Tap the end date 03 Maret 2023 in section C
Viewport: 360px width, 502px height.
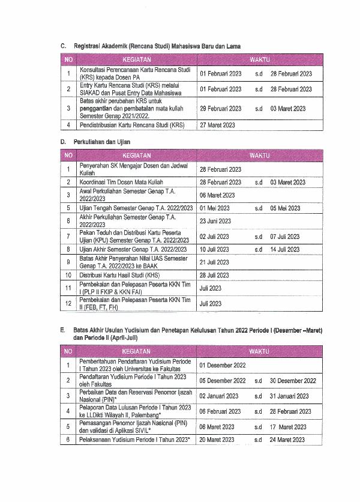[x=288, y=109]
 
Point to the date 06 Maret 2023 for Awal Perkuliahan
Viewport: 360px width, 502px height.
[x=217, y=195]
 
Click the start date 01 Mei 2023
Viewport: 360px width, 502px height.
[x=214, y=208]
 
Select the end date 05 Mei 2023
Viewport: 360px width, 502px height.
[x=285, y=208]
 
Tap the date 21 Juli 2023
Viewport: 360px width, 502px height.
[x=214, y=262]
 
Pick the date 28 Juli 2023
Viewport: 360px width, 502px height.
[x=214, y=275]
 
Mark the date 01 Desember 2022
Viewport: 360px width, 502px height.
[x=223, y=365]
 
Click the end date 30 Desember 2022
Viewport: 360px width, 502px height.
[x=293, y=381]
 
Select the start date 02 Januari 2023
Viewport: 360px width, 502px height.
[x=220, y=396]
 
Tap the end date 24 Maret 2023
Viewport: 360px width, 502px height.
[x=287, y=440]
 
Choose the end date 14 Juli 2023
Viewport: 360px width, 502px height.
[x=285, y=249]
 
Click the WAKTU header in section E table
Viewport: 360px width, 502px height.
[x=259, y=351]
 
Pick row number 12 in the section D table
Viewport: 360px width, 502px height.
[x=68, y=304]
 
